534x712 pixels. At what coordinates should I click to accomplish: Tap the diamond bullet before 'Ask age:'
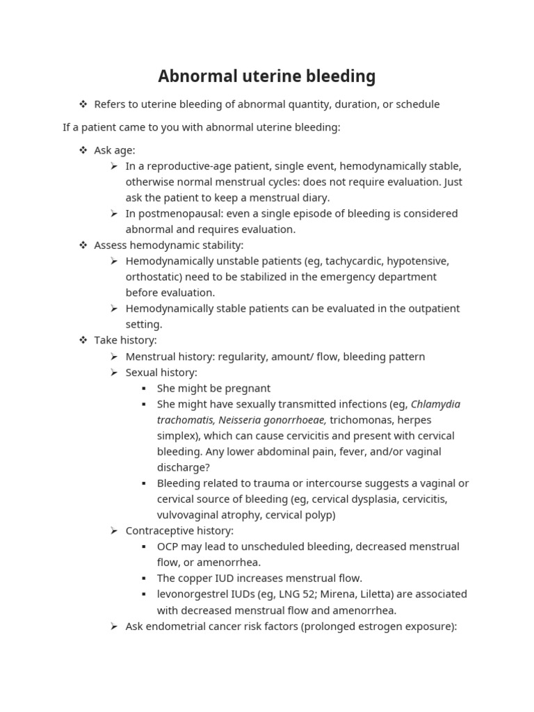point(83,150)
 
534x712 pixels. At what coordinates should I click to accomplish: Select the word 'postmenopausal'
point(177,213)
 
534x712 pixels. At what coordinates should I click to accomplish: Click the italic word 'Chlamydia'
point(435,404)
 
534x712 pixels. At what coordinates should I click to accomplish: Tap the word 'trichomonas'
point(359,420)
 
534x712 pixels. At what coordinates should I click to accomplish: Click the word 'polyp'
point(318,515)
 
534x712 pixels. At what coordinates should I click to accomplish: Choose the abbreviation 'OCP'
point(169,547)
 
